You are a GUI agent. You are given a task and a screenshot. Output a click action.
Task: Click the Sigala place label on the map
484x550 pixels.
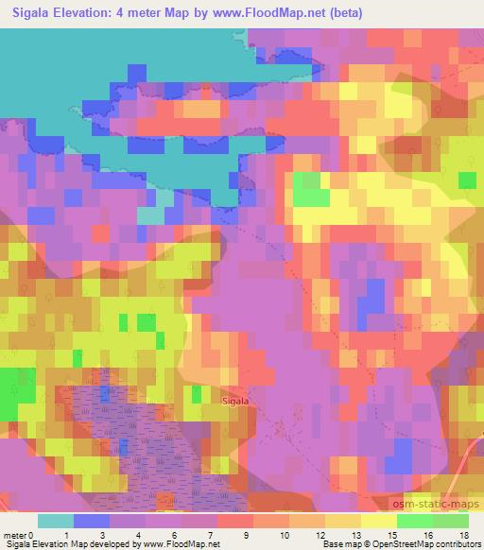pyautogui.click(x=234, y=401)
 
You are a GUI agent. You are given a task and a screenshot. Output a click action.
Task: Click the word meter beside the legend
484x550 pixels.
pyautogui.click(x=14, y=535)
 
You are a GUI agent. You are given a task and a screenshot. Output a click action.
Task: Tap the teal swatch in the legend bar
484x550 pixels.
pyautogui.click(x=55, y=521)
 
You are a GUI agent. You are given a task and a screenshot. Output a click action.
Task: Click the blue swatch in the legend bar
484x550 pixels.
pyautogui.click(x=91, y=521)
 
